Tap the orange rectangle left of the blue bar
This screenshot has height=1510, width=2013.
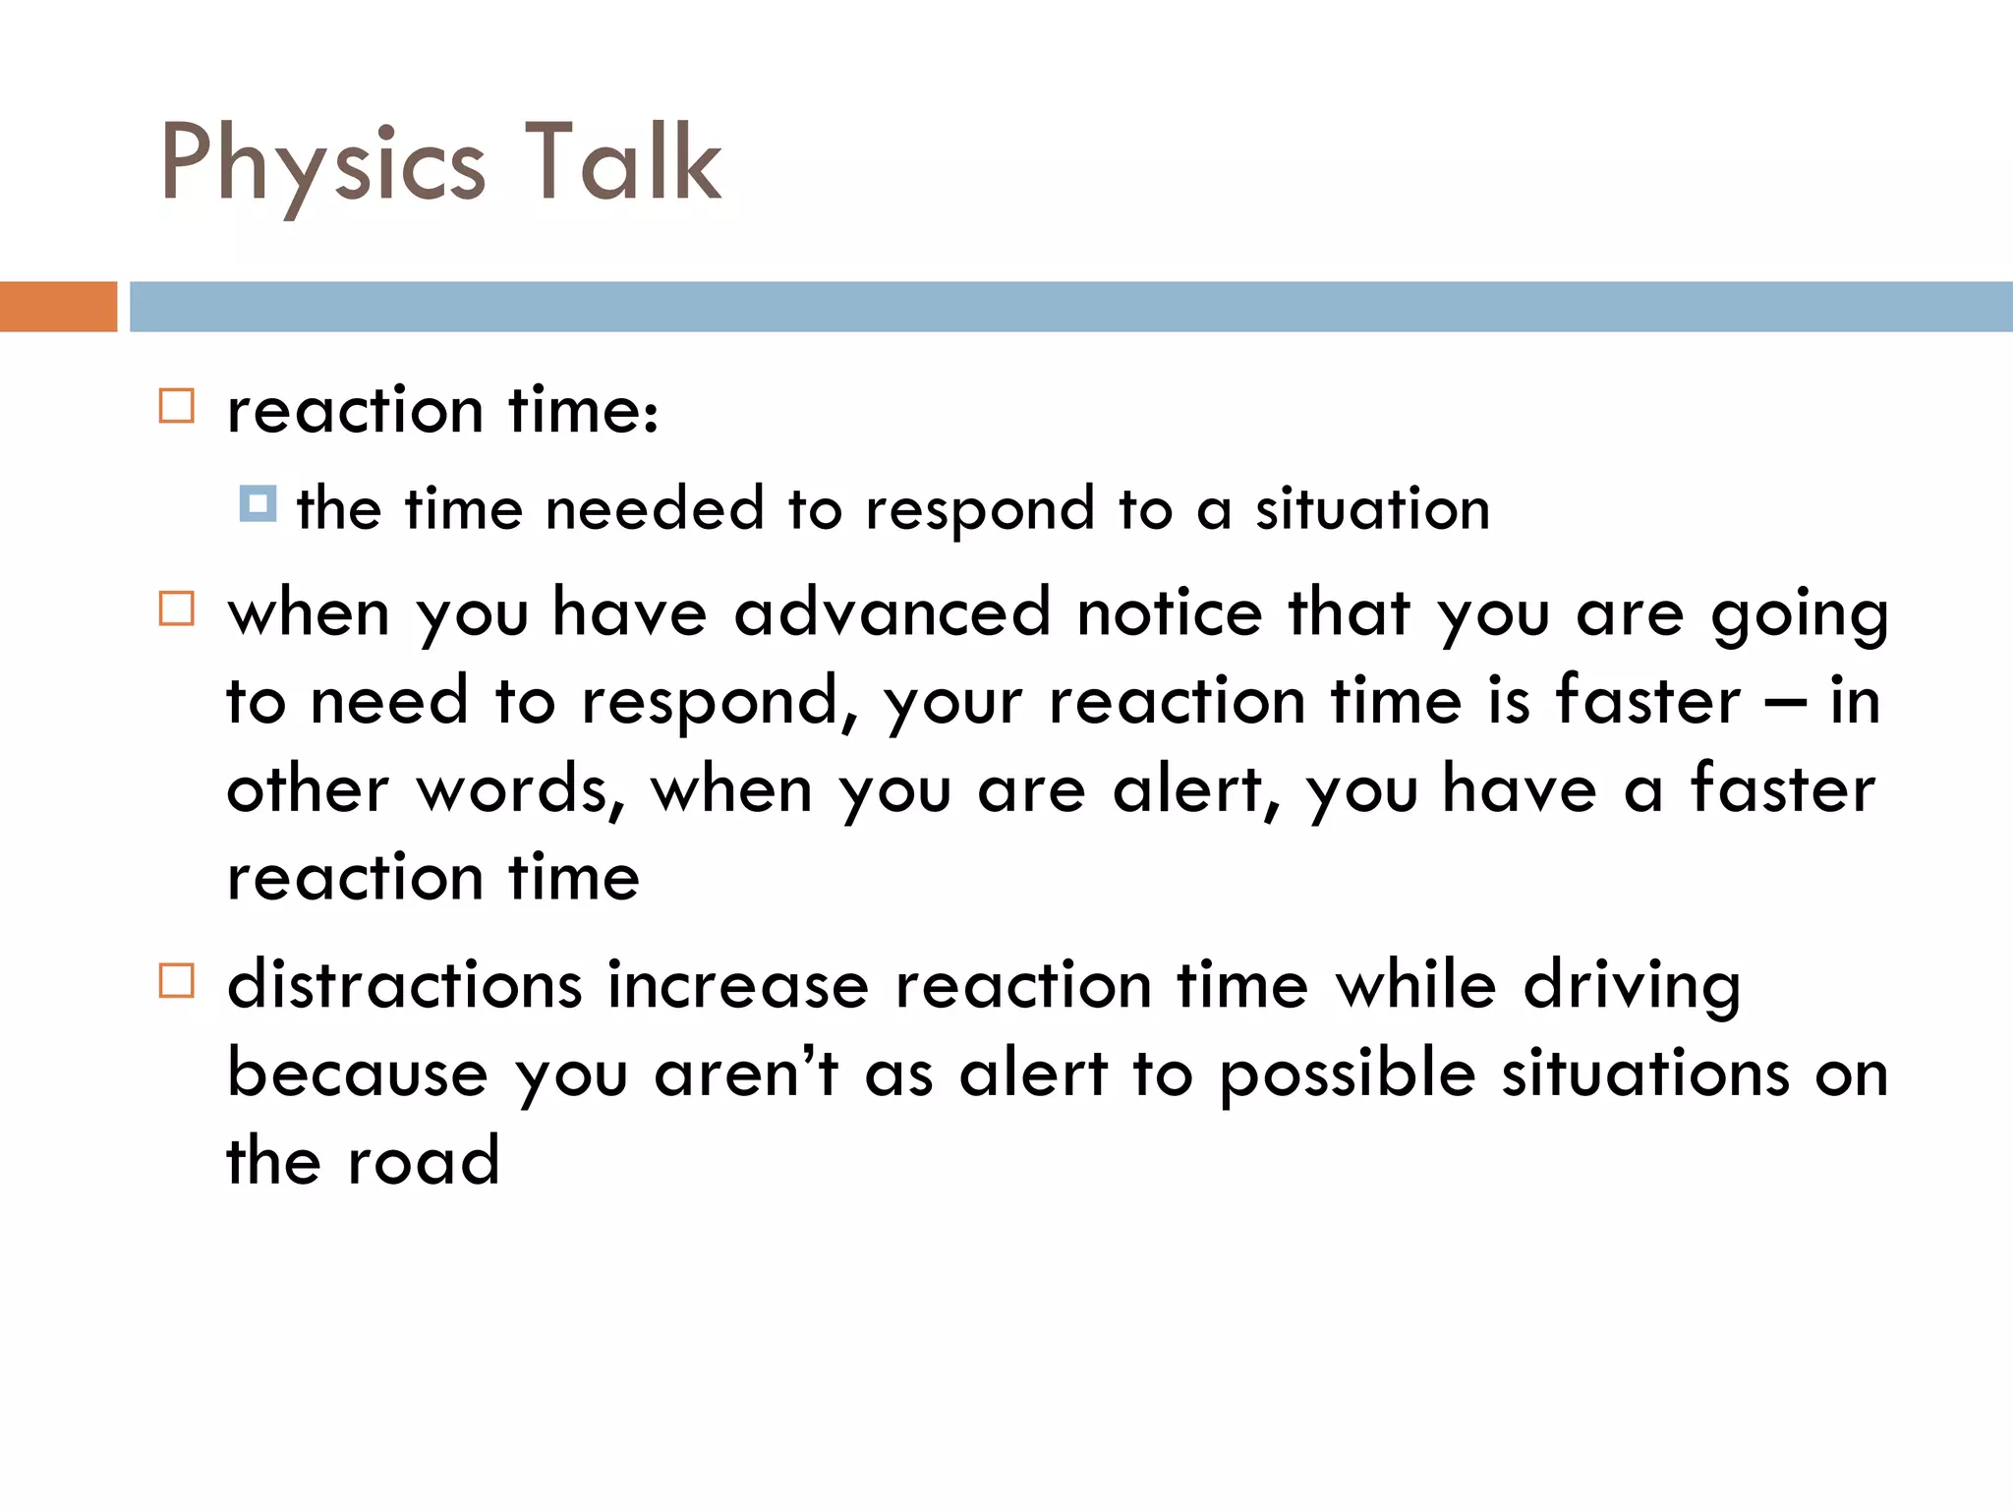click(58, 307)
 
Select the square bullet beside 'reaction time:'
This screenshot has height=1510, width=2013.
click(177, 405)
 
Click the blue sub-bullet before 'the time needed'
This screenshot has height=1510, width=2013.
click(258, 503)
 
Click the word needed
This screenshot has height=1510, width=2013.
click(655, 509)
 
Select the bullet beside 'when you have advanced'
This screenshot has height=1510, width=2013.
click(177, 609)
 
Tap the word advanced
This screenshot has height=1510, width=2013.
click(892, 612)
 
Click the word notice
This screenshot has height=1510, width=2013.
click(1170, 612)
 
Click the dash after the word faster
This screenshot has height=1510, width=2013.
click(1785, 702)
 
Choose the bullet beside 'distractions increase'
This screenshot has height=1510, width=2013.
click(177, 980)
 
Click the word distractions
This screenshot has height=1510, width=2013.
click(405, 985)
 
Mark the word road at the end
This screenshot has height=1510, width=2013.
click(424, 1160)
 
